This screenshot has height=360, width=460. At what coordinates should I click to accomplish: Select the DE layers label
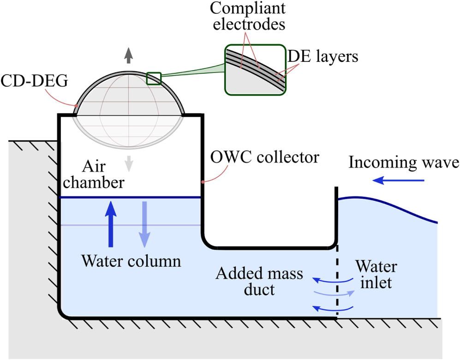coord(323,57)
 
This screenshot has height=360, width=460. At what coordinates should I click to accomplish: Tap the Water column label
coord(131,261)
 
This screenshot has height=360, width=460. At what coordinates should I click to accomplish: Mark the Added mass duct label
coord(260,282)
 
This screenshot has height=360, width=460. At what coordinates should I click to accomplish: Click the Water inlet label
coord(376,275)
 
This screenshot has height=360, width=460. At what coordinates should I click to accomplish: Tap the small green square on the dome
coord(154,78)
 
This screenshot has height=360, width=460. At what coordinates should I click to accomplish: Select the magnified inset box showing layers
coord(254,70)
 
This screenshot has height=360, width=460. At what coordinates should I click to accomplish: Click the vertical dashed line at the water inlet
coord(337,282)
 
